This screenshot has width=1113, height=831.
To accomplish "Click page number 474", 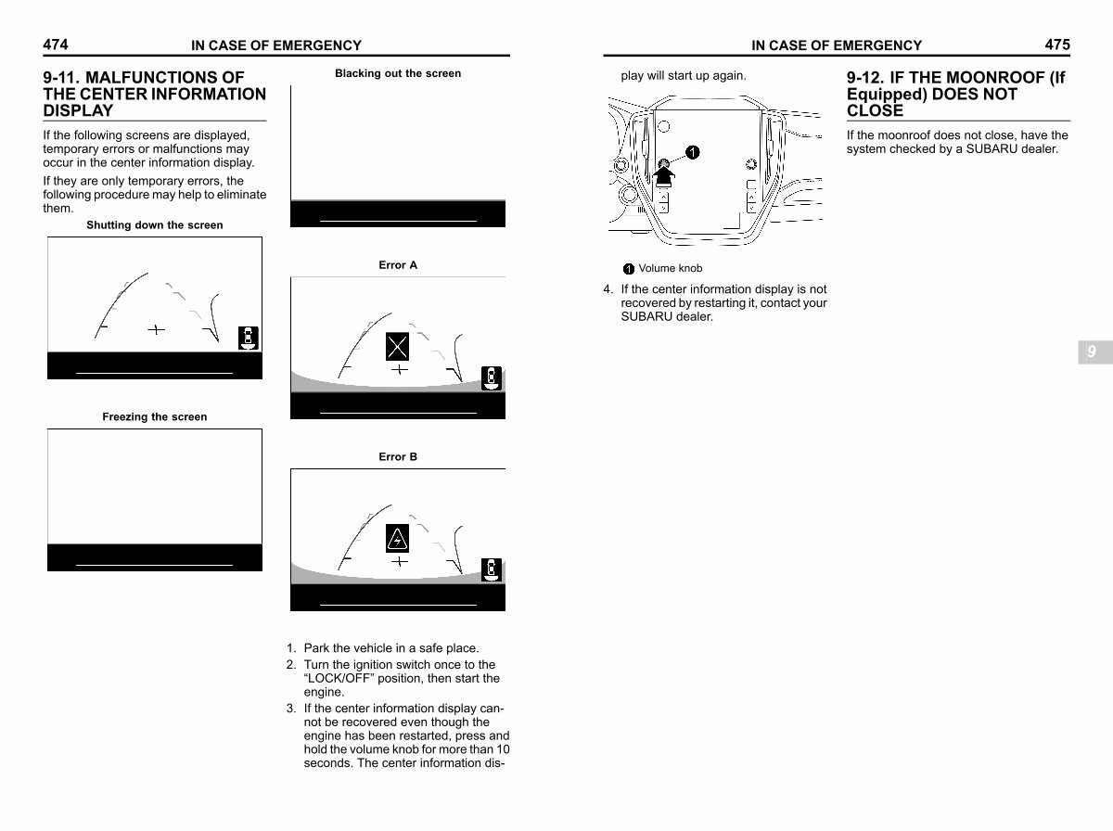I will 55,45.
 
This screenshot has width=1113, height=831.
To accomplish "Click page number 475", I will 1056,45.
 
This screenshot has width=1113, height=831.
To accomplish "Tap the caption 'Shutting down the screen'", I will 154,225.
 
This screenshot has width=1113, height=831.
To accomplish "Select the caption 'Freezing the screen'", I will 154,417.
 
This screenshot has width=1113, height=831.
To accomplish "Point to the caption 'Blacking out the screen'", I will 397,73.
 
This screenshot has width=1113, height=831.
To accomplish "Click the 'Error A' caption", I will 398,265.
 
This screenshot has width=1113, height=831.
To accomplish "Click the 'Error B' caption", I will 398,457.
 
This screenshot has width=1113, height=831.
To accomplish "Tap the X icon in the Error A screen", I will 398,347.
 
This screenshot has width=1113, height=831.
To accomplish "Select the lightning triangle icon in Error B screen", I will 398,538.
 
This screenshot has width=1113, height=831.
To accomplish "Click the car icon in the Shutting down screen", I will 248,338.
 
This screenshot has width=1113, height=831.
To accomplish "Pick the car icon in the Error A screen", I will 492,377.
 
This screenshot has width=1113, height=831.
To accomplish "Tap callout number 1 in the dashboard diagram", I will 693,152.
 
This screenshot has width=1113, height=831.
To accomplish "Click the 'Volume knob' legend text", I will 670,269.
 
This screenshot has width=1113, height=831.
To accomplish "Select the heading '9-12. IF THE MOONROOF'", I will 955,78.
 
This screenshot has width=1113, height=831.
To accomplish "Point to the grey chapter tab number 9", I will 1092,352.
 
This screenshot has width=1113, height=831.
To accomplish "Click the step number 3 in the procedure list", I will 290,709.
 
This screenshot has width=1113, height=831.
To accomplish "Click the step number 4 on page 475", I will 608,289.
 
